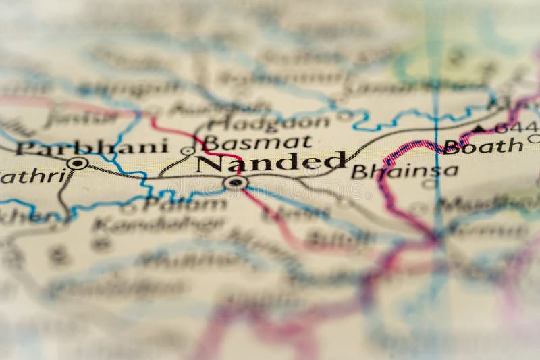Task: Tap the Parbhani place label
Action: click(92, 147)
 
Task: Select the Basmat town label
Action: click(258, 142)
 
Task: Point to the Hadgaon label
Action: click(269, 122)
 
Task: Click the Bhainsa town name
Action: click(404, 172)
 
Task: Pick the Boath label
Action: click(483, 146)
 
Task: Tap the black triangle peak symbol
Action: click(479, 128)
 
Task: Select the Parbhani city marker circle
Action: click(78, 163)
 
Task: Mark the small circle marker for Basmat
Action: click(188, 150)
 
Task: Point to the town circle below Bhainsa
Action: click(429, 184)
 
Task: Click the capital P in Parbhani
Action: click(25, 148)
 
